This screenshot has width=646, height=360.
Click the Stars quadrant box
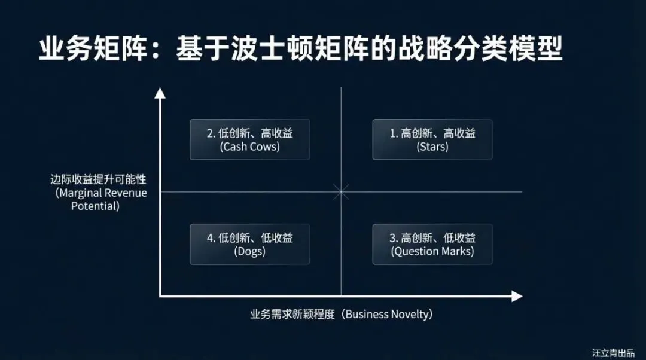point(432,139)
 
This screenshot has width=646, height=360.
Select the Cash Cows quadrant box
point(249,139)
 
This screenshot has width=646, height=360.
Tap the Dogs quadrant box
point(249,244)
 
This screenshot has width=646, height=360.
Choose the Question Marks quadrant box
point(432,244)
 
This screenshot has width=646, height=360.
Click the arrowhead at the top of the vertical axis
point(160,93)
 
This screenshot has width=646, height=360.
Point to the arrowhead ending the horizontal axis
point(517,296)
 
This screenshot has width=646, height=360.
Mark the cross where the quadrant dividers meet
point(341,192)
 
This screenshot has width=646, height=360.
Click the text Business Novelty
point(388,315)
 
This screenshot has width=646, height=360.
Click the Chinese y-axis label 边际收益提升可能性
point(99,179)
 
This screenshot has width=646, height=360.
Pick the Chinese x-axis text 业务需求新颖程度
point(293,315)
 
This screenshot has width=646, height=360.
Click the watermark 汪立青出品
point(613,352)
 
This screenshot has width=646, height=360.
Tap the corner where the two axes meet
point(160,296)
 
